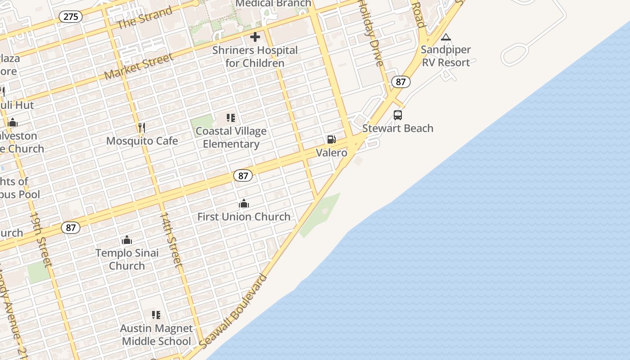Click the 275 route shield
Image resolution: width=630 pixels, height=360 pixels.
71,17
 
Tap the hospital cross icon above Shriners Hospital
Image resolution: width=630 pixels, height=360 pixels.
255,37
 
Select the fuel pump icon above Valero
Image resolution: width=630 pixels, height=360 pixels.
331,139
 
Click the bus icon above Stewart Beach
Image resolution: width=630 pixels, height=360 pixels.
398,115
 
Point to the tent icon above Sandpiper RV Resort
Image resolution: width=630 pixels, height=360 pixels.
446,37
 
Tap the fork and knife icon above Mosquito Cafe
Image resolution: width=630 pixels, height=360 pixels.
142,128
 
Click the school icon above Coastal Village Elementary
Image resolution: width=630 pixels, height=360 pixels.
231,118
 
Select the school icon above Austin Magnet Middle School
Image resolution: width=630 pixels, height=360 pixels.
156,315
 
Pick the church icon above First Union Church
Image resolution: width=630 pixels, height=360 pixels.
244,204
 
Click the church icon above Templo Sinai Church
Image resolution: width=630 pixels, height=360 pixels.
127,240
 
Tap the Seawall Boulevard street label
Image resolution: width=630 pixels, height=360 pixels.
233,310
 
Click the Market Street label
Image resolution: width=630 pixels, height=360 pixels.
139,67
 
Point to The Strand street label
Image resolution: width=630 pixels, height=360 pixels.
144,18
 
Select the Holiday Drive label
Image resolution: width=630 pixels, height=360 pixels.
371,32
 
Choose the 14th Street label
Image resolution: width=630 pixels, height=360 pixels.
171,239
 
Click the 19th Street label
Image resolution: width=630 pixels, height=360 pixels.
41,239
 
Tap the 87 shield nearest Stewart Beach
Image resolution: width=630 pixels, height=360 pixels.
400,82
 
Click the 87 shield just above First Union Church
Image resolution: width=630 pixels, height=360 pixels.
243,176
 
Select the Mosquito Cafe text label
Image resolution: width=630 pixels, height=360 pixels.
142,141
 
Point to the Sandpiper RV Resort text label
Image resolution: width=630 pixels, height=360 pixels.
446,56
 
